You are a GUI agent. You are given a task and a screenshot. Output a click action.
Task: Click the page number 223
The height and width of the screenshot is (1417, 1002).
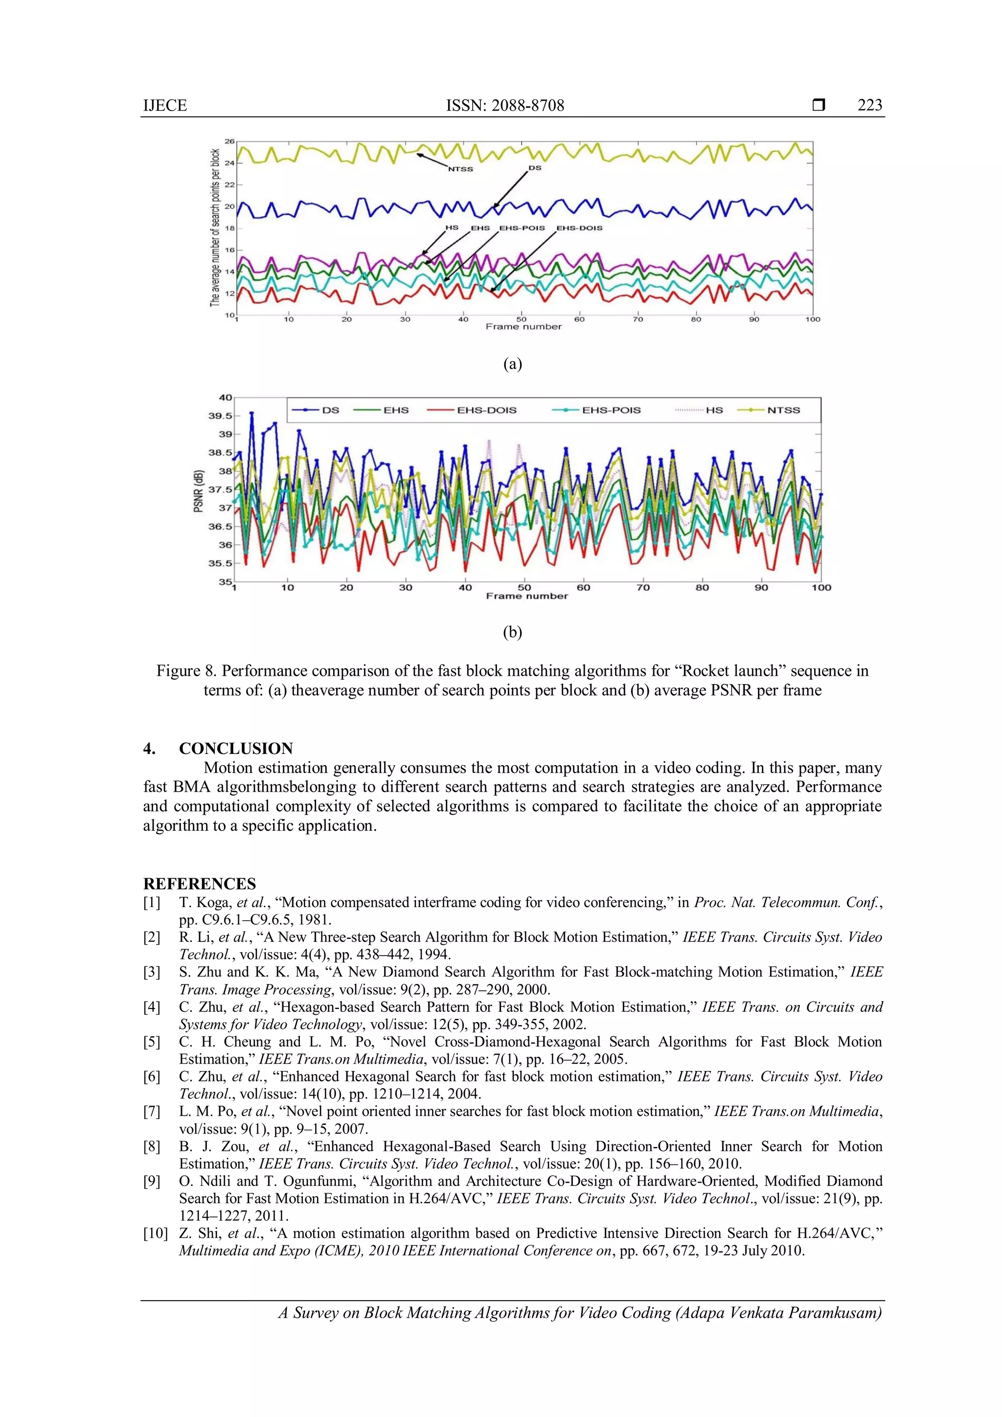(869, 106)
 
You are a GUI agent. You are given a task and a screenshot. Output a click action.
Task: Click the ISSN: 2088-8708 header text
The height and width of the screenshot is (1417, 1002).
(505, 106)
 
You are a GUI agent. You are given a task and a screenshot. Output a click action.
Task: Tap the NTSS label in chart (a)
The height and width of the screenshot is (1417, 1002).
(460, 169)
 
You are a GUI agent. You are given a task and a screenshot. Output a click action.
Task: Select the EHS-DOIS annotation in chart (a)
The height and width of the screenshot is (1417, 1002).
(579, 228)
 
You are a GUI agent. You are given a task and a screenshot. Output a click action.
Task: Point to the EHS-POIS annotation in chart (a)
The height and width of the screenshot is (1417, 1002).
(522, 228)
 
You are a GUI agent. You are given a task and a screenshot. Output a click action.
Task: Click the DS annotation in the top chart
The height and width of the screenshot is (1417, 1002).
(534, 168)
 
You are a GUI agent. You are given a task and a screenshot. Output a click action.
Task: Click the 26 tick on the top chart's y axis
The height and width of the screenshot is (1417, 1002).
(229, 141)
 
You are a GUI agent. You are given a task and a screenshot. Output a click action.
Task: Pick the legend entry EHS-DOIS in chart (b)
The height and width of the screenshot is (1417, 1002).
(486, 410)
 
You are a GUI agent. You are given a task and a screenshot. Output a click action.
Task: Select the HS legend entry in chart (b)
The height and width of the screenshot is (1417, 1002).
(714, 410)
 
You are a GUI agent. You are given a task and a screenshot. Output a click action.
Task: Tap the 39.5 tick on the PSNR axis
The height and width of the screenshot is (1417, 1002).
(220, 416)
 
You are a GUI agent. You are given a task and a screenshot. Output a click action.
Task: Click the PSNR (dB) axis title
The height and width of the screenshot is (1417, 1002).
(199, 491)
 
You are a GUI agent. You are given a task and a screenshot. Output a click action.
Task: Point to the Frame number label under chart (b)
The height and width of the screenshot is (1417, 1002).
(526, 596)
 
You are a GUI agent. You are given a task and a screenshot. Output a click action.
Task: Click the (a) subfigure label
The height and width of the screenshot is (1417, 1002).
(512, 364)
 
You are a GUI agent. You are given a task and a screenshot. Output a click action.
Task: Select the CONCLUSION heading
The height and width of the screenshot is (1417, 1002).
(236, 749)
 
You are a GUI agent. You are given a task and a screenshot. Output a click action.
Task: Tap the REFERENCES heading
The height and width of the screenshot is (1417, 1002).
(199, 883)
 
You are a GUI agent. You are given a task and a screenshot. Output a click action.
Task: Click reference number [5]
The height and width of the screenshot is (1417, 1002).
(152, 1042)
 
